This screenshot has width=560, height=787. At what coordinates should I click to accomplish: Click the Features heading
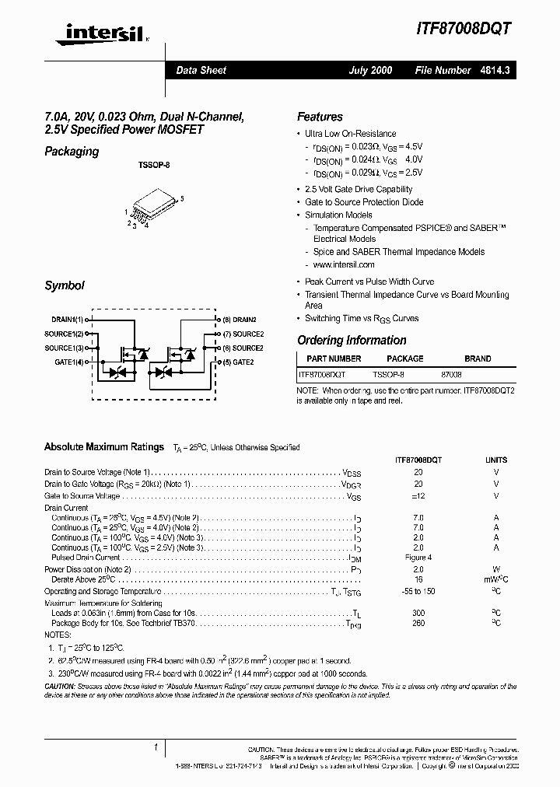pos(320,117)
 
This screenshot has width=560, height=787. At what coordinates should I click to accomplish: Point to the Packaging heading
pos(72,152)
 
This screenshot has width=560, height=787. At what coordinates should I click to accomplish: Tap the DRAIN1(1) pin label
pos(68,320)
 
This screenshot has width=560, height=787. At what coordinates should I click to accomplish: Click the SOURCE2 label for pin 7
pos(242,334)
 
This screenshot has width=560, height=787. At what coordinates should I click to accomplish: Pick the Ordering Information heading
pos(352,341)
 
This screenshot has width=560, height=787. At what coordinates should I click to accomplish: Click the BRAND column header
pos(478,359)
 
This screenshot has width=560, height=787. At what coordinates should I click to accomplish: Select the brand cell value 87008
pos(451,374)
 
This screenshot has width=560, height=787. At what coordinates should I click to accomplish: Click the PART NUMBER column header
pos(334,359)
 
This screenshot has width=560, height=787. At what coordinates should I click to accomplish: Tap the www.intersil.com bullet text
pos(343,265)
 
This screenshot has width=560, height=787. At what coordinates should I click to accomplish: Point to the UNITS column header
pos(496,460)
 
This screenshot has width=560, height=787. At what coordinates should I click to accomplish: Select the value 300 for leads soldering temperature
pos(418,613)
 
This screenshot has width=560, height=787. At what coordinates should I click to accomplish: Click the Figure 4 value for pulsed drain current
pos(418,558)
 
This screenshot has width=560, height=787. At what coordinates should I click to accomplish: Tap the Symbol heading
pos(65,286)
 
